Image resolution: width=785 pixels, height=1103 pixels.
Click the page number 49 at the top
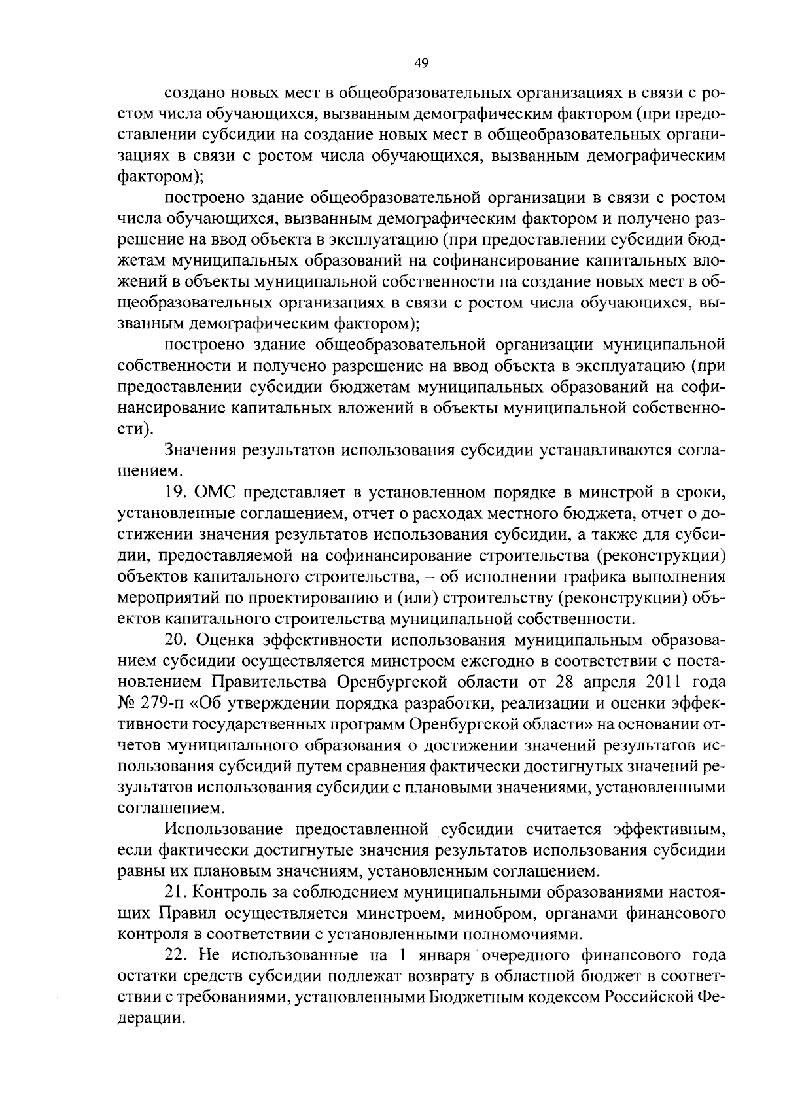click(x=421, y=63)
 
